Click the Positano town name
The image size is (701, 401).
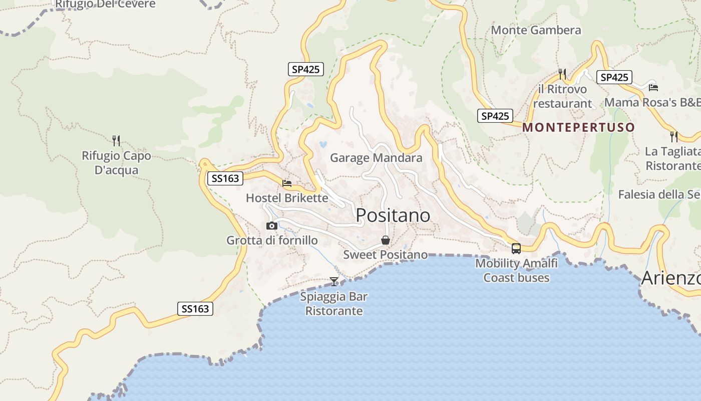[x=393, y=215]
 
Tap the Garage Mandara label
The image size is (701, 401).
[x=376, y=158]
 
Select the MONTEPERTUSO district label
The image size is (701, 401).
[x=578, y=127]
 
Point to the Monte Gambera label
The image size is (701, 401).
[x=536, y=30]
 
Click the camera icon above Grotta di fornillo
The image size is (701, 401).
[x=272, y=226]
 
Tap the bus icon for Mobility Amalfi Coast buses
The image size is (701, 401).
[x=516, y=248]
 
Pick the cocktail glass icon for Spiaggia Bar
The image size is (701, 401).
[x=334, y=282]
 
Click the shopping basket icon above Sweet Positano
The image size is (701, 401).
[x=386, y=240]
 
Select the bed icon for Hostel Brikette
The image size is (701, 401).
[x=287, y=183]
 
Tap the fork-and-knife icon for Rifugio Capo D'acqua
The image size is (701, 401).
[x=116, y=140]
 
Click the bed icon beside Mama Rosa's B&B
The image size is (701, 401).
[x=653, y=87]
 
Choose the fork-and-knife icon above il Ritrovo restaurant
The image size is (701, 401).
[x=562, y=74]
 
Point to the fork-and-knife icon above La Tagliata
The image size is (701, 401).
[x=674, y=136]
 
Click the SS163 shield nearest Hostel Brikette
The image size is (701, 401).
[x=225, y=178]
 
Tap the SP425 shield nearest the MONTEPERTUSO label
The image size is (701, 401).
[x=495, y=116]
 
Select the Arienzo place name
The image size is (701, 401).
[x=671, y=278]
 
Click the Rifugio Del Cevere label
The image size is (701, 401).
[x=105, y=5]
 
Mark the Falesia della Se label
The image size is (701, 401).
[x=659, y=194]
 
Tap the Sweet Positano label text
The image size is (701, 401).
[x=385, y=255]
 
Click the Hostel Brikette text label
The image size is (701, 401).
[x=287, y=198]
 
